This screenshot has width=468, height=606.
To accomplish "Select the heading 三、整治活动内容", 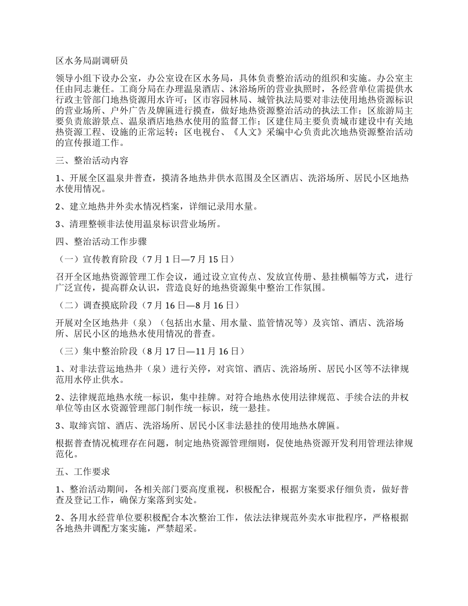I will [92, 161].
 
